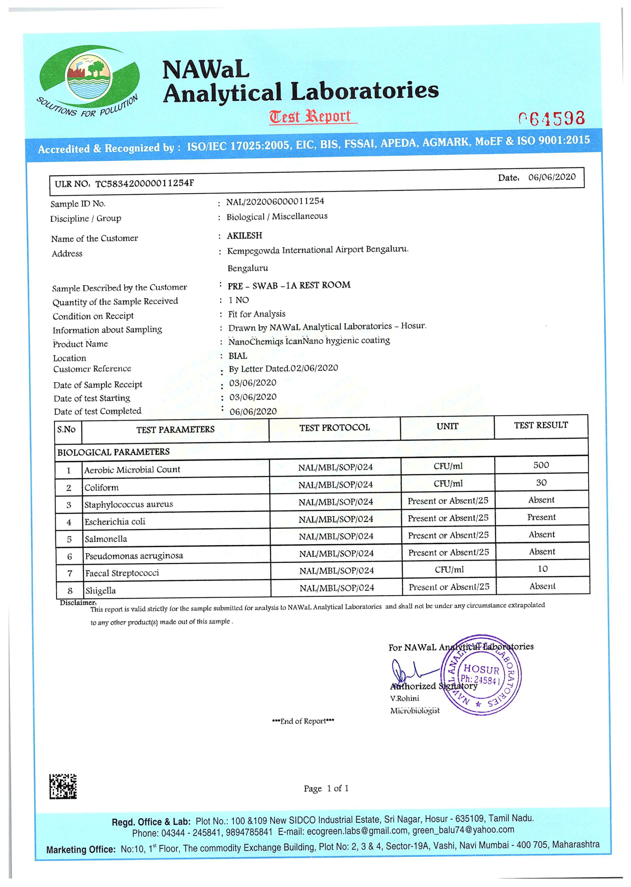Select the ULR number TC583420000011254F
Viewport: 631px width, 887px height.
click(145, 183)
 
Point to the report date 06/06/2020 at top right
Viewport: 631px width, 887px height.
click(551, 177)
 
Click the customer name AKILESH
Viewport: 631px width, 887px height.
click(244, 236)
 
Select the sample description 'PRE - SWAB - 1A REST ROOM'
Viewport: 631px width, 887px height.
click(289, 286)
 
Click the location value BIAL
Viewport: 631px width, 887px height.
click(238, 356)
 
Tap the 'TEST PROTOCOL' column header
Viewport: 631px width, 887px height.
click(334, 428)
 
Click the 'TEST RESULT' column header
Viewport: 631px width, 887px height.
click(541, 425)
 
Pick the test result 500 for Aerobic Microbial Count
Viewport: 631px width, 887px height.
click(541, 465)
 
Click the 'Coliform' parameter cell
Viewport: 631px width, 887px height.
click(102, 488)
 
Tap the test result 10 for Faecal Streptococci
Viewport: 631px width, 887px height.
click(543, 569)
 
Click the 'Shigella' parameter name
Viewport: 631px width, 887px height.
click(100, 591)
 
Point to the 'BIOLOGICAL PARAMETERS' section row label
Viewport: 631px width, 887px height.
click(114, 452)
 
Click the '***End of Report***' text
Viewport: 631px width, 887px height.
click(303, 721)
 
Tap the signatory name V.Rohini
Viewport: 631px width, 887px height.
click(404, 698)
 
